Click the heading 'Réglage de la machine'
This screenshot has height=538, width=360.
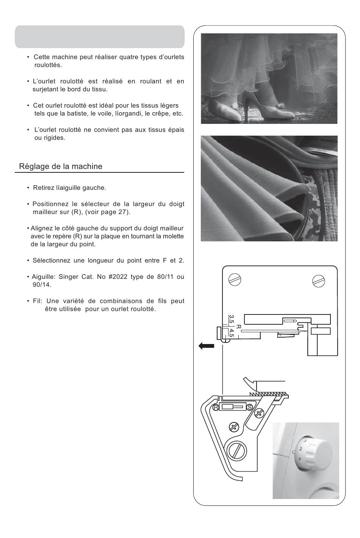point(61,166)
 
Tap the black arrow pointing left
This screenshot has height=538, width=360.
point(206,346)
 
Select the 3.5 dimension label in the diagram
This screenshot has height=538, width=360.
point(231,319)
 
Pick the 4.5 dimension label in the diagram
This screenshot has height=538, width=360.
point(231,333)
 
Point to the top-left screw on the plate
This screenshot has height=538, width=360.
point(235,280)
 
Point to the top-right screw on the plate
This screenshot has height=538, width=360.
point(319,281)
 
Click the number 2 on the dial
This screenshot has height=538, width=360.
point(301,449)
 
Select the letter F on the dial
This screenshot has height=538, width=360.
point(299,459)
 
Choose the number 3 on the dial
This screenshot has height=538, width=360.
point(305,441)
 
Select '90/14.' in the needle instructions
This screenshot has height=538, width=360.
point(42,285)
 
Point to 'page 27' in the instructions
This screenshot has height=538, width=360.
point(113,212)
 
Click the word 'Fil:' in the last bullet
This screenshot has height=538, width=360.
point(38,301)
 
